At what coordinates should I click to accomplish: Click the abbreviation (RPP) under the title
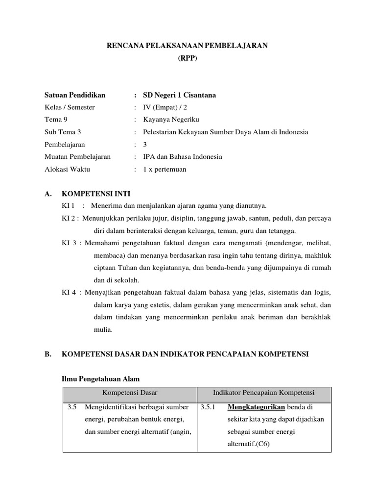click(188, 57)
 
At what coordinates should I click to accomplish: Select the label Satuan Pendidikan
click(74, 95)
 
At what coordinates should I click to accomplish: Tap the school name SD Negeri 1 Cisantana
click(179, 95)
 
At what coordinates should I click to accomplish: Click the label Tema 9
click(53, 120)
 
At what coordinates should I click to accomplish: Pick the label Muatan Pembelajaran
click(77, 157)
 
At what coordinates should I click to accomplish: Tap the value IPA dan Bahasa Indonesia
click(183, 157)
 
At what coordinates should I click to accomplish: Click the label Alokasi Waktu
click(67, 169)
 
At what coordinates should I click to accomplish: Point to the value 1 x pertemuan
click(164, 169)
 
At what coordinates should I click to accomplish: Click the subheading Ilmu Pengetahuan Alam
click(100, 379)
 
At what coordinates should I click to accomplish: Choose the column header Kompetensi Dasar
click(130, 393)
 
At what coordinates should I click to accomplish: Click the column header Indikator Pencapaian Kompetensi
click(263, 393)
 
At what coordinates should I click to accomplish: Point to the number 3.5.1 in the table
click(209, 407)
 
